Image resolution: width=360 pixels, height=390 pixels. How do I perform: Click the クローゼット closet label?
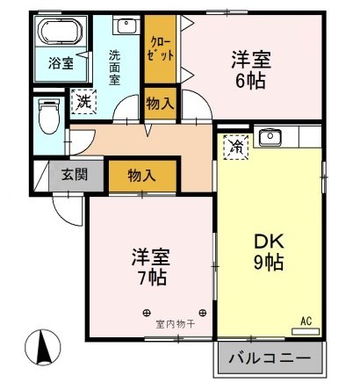(x=161, y=49)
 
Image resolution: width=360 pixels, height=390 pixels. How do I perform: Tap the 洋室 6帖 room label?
(x=249, y=69)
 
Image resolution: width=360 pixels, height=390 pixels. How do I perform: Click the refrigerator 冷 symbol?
(x=234, y=146)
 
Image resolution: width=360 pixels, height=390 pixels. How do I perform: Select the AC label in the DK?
(x=306, y=321)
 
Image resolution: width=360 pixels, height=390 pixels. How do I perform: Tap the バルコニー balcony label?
(x=269, y=358)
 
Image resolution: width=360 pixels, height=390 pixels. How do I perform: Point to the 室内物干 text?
(x=176, y=322)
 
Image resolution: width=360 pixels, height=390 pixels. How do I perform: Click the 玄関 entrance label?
(x=74, y=173)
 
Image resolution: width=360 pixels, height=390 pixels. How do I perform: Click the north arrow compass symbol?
(x=41, y=349)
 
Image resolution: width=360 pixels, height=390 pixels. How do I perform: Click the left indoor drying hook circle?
(x=147, y=311)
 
